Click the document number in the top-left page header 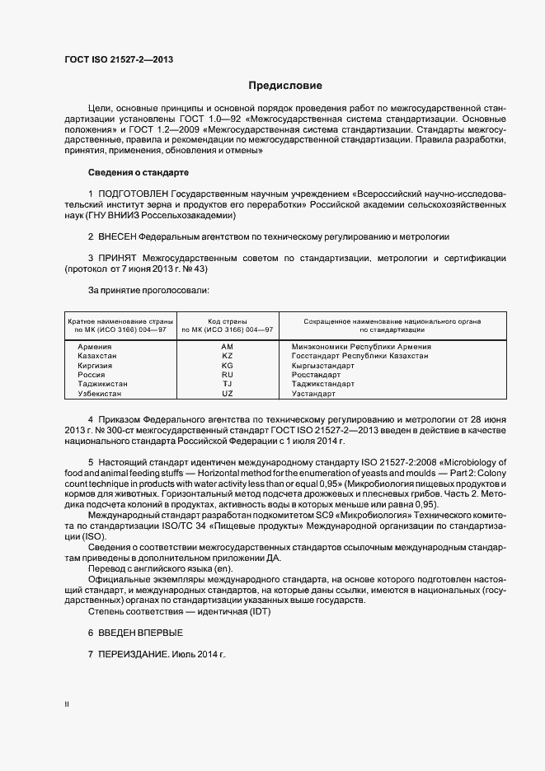pyautogui.click(x=118, y=60)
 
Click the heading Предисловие pyautogui.click(x=285, y=86)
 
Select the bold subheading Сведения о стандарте pyautogui.click(x=139, y=172)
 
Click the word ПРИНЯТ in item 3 pyautogui.click(x=118, y=258)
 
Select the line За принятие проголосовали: pyautogui.click(x=148, y=290)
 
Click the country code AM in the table pyautogui.click(x=228, y=347)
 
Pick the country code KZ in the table pyautogui.click(x=228, y=356)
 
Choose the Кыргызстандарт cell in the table pyautogui.click(x=323, y=366)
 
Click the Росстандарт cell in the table pyautogui.click(x=317, y=375)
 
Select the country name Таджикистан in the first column pyautogui.click(x=102, y=385)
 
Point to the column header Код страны pyautogui.click(x=227, y=320)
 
